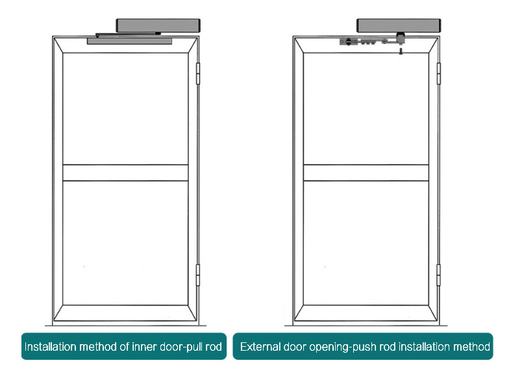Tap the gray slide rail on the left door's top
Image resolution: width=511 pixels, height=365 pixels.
[130, 41]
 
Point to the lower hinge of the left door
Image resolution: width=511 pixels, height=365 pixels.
[199, 275]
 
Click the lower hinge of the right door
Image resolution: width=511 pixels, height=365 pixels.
[438, 275]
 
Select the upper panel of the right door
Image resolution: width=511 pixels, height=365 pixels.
[366, 107]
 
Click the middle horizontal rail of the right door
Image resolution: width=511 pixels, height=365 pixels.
[366, 172]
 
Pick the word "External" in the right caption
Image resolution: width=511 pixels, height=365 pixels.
[259, 347]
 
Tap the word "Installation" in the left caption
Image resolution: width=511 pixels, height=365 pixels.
[49, 347]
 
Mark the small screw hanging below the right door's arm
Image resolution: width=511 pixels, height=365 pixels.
[401, 49]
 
